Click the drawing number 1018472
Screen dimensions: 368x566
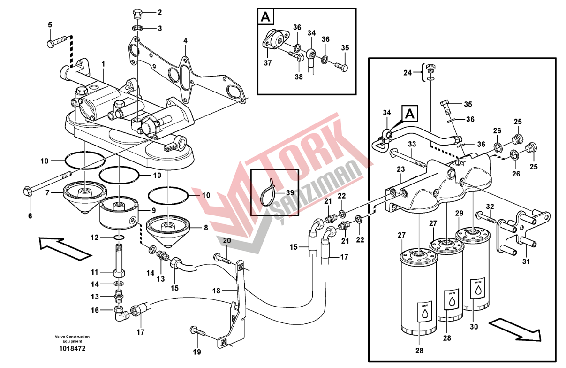pos(72,349)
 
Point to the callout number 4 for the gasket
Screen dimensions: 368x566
pos(185,41)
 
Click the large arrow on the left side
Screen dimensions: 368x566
pos(64,247)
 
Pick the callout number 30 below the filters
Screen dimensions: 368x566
pos(475,327)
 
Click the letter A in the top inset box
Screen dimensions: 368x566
pos(265,17)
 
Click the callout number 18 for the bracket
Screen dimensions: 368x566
pos(216,291)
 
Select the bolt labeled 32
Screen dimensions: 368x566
pos(485,216)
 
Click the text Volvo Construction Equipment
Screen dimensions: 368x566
pos(72,339)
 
